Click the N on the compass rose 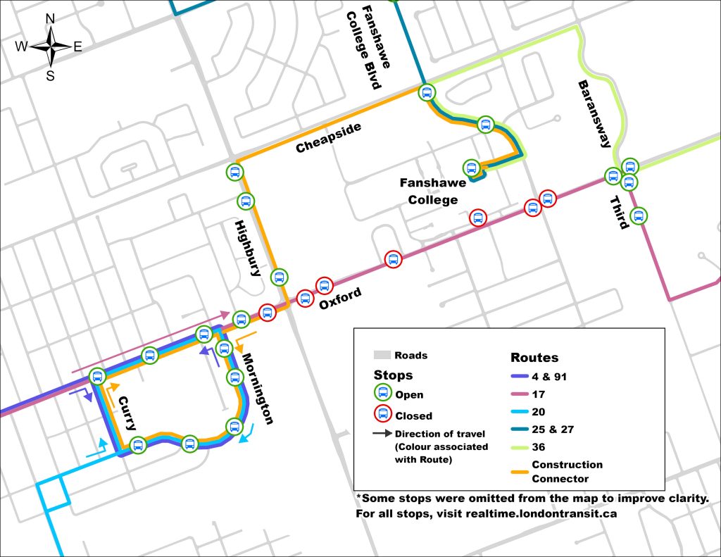tap(50, 19)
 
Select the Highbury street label tap(248, 247)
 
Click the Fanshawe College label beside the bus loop tap(429, 191)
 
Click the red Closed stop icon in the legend tap(382, 415)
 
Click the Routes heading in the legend tap(534, 357)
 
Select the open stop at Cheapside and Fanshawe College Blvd tap(427, 92)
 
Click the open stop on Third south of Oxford tap(638, 215)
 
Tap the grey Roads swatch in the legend tap(382, 355)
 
